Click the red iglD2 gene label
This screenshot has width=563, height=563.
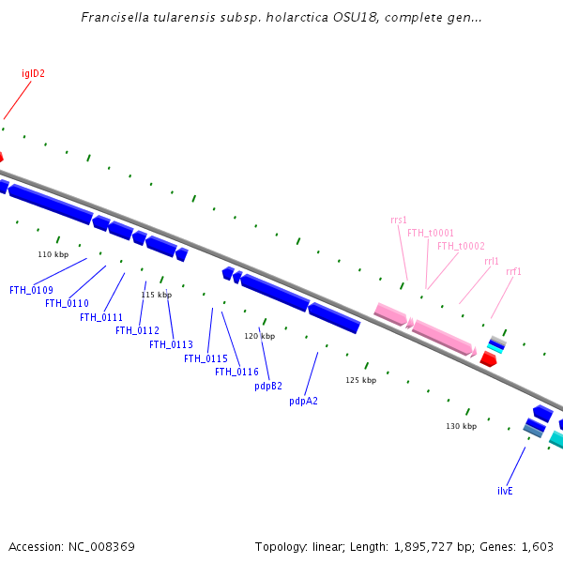34,73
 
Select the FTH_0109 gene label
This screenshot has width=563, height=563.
31,290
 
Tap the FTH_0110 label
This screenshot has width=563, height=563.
67,303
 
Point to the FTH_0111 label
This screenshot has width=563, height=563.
101,317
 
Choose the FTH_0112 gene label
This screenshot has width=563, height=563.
137,330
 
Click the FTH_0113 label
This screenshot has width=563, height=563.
171,344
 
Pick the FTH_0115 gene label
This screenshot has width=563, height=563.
205,358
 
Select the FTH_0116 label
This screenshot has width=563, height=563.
236,372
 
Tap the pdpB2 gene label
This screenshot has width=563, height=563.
268,386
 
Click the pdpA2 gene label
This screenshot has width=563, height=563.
303,401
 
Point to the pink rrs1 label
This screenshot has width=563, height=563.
399,220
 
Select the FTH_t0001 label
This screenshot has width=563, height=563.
431,233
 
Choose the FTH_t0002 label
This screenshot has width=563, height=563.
461,246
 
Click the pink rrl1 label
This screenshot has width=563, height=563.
492,260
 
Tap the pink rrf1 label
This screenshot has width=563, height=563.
513,272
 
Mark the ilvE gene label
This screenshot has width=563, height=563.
505,491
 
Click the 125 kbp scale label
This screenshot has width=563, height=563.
360,380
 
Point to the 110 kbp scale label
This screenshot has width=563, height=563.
53,254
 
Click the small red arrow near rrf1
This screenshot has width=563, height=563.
488,358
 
